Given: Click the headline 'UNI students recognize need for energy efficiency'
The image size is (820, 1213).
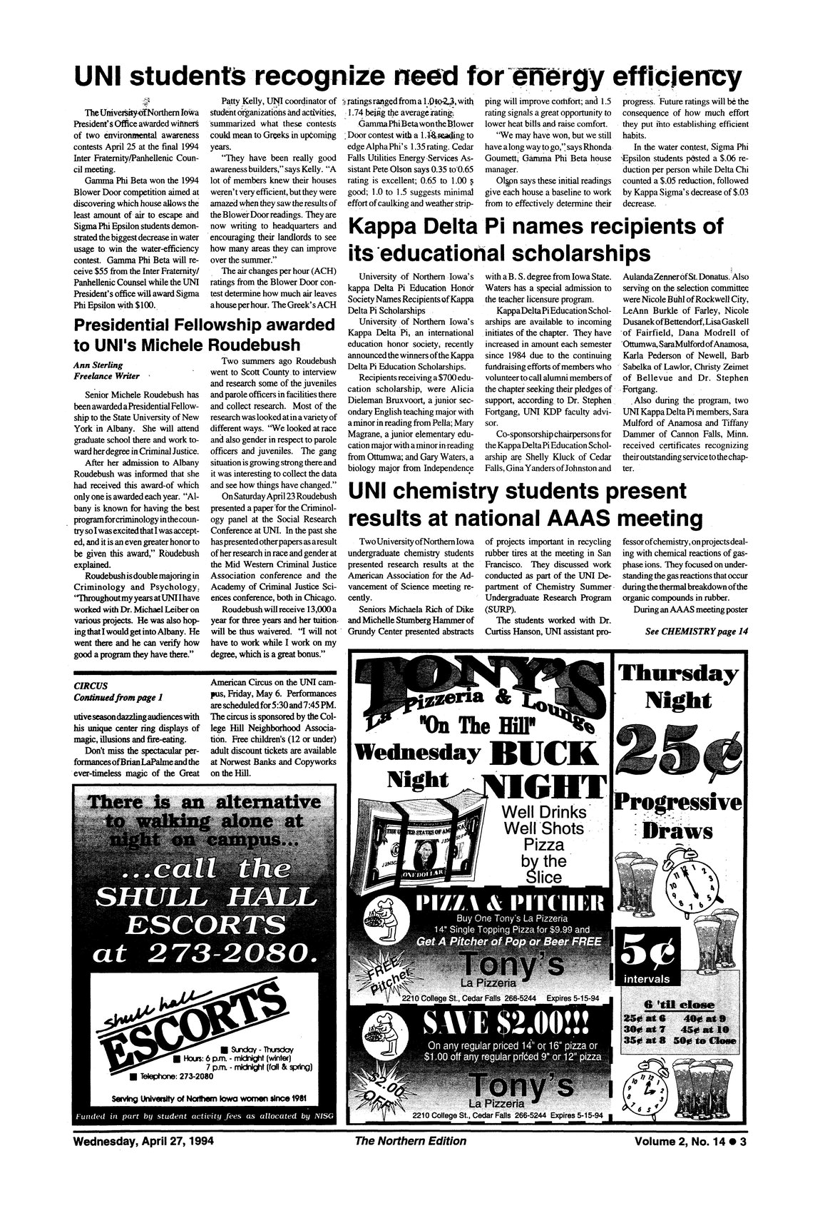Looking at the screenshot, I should click(x=409, y=75).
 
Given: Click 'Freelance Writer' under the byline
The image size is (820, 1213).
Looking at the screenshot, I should click(x=106, y=376).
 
